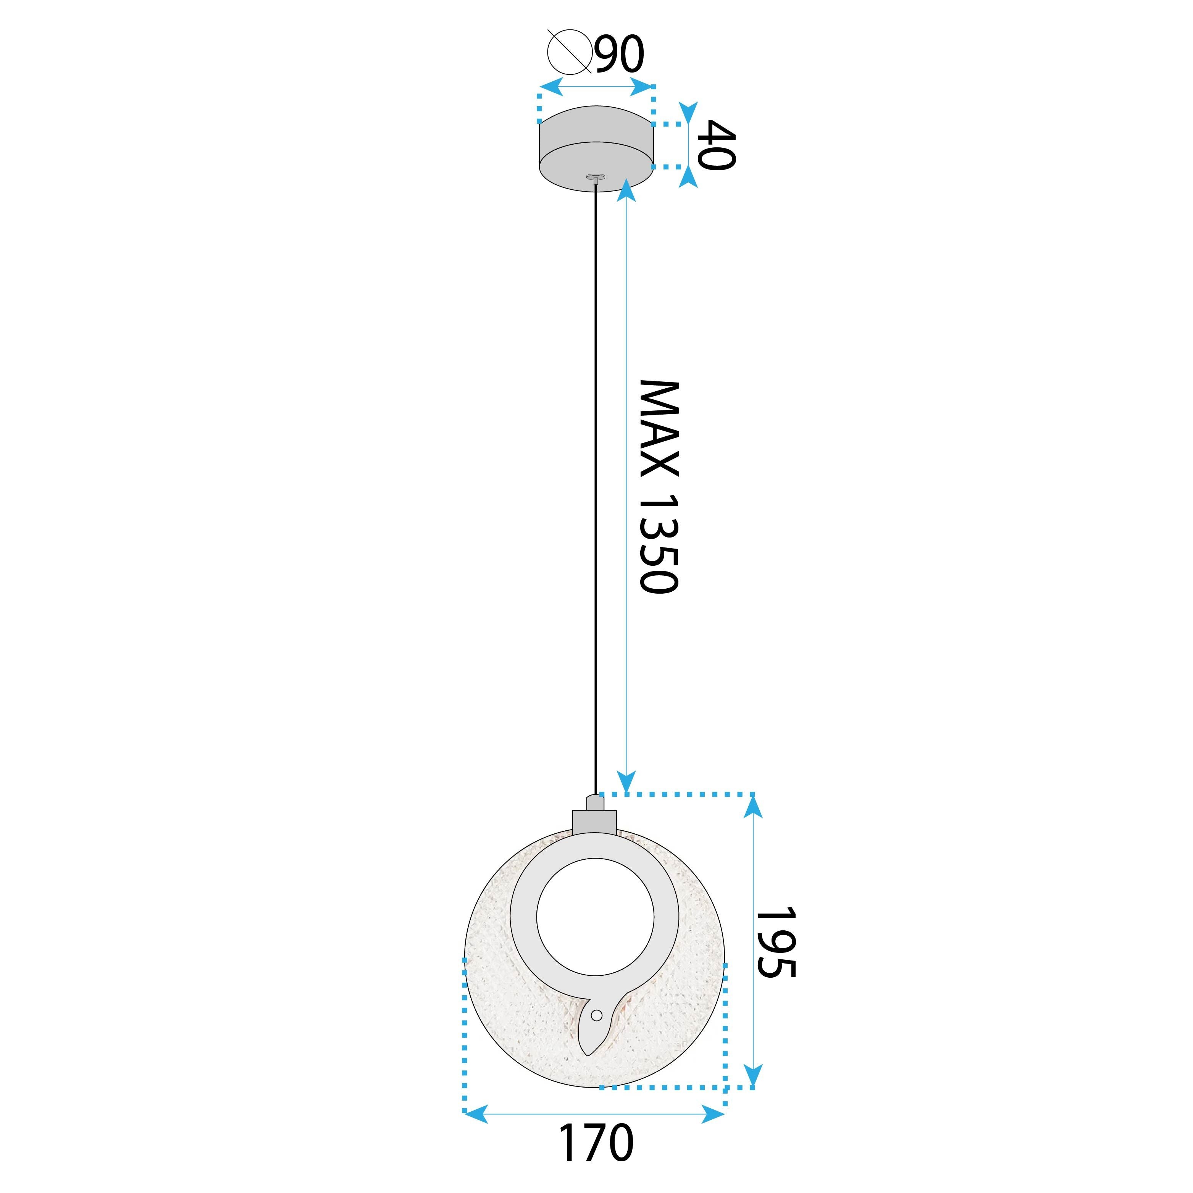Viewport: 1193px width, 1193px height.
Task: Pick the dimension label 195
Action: (x=776, y=942)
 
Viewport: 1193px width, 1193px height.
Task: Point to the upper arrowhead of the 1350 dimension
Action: (x=627, y=188)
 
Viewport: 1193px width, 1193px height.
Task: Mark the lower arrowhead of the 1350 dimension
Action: (x=627, y=782)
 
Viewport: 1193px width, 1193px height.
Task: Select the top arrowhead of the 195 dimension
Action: (x=753, y=805)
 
